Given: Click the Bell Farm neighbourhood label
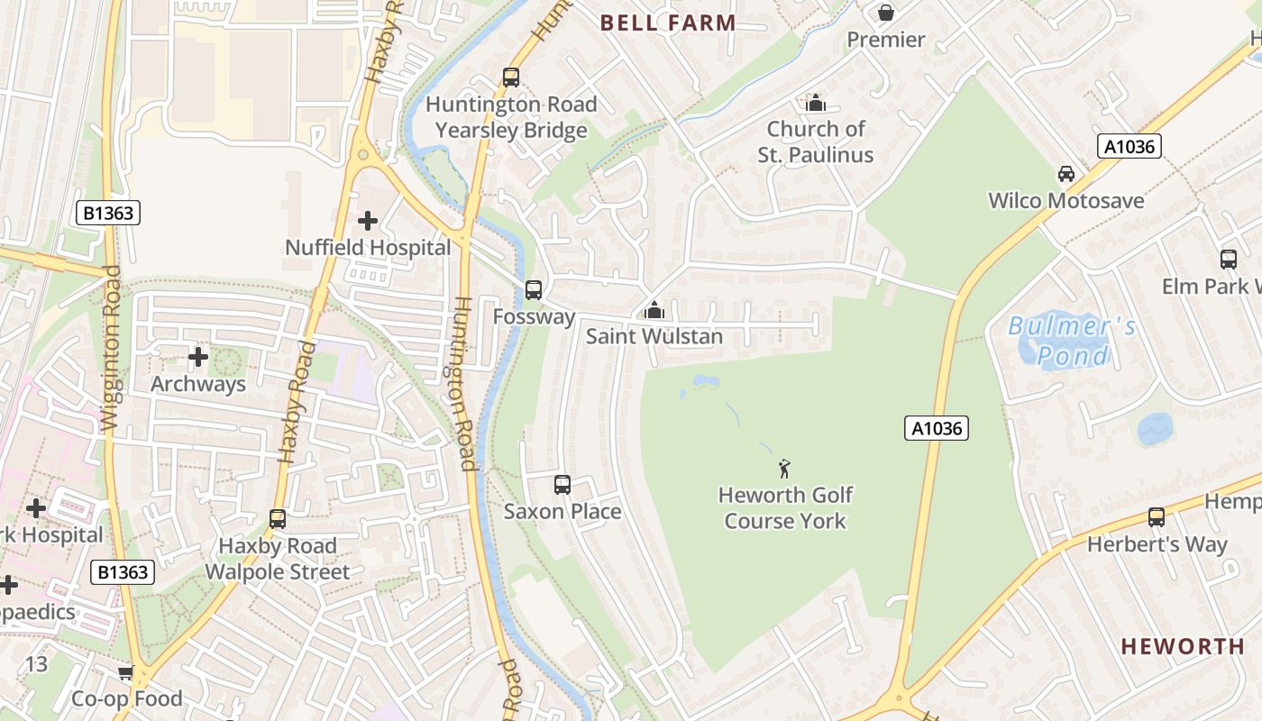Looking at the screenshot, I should [x=668, y=23].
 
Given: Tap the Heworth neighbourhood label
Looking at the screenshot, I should [x=1183, y=646].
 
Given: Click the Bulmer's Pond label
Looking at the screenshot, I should [x=1072, y=340].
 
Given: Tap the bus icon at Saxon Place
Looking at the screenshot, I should [x=562, y=484].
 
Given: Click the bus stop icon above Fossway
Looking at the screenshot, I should [x=534, y=289].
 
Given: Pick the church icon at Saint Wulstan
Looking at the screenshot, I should [x=654, y=310].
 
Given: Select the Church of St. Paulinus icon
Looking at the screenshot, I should [x=816, y=103].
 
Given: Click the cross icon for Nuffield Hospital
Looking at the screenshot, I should [x=368, y=220].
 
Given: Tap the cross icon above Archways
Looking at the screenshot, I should [x=198, y=357].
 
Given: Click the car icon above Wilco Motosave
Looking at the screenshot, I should [x=1065, y=173].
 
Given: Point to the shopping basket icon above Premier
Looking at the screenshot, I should [x=886, y=13].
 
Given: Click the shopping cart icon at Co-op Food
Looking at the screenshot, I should [x=125, y=672].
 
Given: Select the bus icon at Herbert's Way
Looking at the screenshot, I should [x=1157, y=516].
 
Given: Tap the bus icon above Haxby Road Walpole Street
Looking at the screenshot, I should [x=277, y=518].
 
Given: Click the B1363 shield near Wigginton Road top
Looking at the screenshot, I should [x=107, y=213].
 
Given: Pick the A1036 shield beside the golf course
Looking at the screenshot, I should [x=936, y=428].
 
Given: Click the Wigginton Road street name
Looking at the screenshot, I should [x=111, y=347].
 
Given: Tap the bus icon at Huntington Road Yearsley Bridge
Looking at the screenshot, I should [x=511, y=77].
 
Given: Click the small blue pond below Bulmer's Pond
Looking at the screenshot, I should [x=1155, y=429].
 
